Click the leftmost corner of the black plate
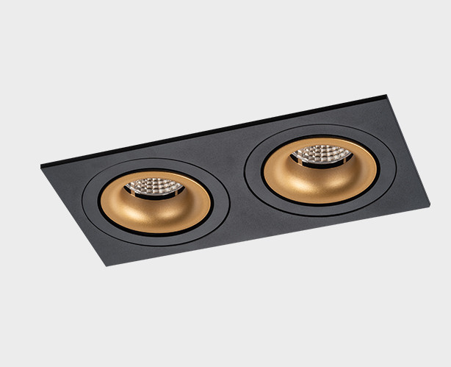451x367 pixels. (x=41, y=167)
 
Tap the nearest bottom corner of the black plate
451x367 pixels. (x=107, y=266)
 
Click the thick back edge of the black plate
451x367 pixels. (x=220, y=129)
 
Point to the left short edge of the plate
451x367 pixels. (x=73, y=215)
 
